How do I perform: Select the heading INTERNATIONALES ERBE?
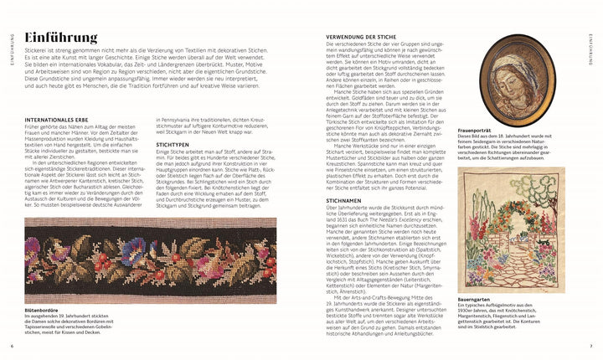tap(59, 120)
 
